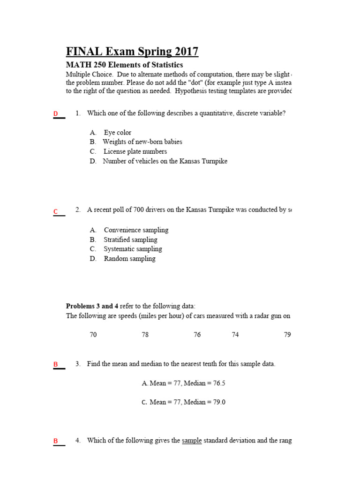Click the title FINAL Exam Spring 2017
click(x=132, y=51)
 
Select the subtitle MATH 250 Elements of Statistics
click(x=124, y=65)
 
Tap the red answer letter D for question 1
click(x=55, y=114)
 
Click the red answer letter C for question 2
click(x=55, y=212)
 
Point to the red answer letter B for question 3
click(x=55, y=364)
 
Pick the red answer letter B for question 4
click(x=55, y=441)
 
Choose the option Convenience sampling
click(x=136, y=230)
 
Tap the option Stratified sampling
click(x=130, y=240)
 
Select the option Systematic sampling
click(x=133, y=249)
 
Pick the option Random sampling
click(x=129, y=259)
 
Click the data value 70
click(x=93, y=335)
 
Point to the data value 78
click(x=145, y=335)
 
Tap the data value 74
click(x=235, y=335)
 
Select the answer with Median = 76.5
click(x=183, y=383)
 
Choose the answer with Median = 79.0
click(x=183, y=402)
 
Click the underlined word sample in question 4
click(x=192, y=441)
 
